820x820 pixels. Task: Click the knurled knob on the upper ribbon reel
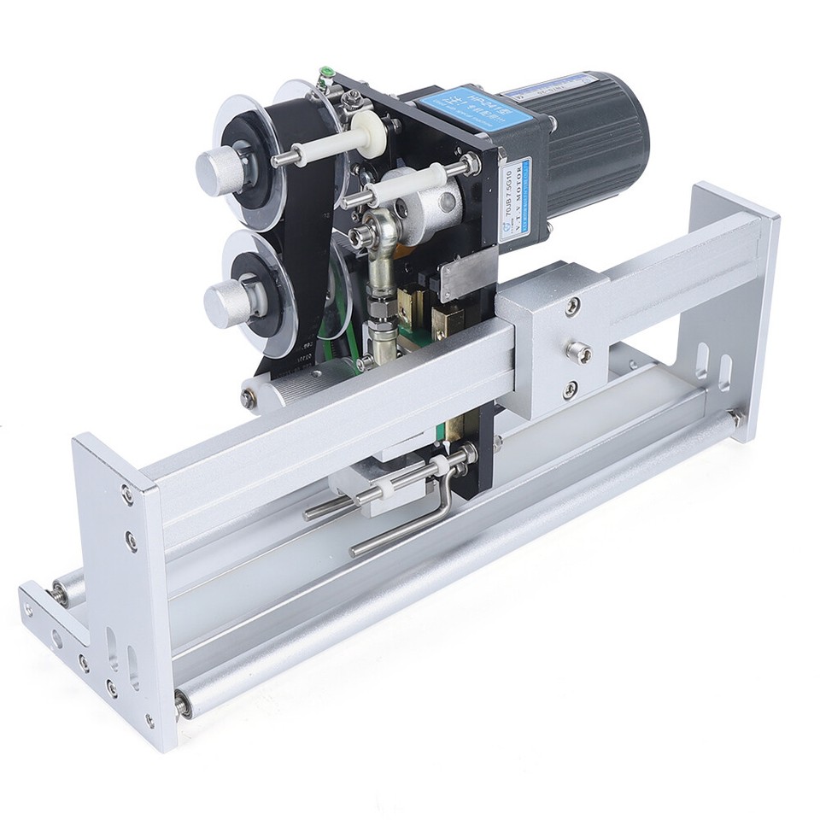[x=216, y=170]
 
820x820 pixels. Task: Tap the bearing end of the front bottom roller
[x=183, y=702]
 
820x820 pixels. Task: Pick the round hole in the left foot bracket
[x=56, y=637]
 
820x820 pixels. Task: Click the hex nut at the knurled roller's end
[x=248, y=395]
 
